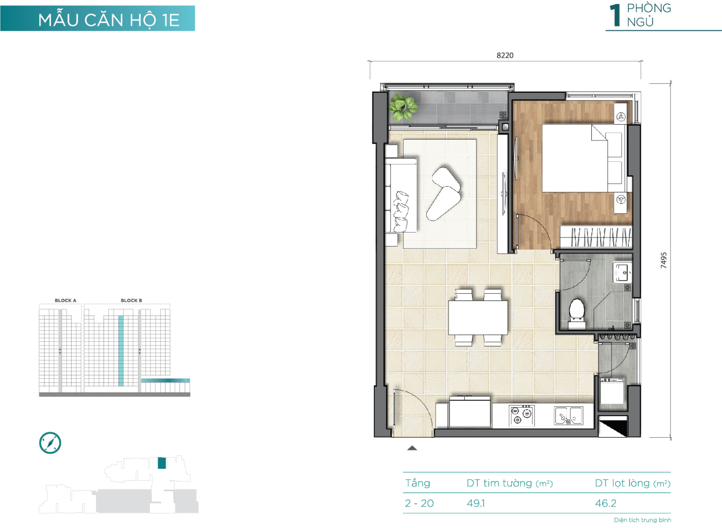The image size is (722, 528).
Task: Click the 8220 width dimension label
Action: (x=505, y=55)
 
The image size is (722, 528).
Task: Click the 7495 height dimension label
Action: (x=664, y=260)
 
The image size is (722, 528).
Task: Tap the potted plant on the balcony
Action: (x=403, y=106)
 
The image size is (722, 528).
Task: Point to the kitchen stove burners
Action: (x=521, y=415)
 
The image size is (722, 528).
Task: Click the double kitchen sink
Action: (x=568, y=416)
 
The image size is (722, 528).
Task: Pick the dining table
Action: (x=478, y=318)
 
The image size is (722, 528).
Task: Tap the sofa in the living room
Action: (x=401, y=196)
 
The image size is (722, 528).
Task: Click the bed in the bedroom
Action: (x=584, y=158)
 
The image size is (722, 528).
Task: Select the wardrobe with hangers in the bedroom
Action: (x=596, y=237)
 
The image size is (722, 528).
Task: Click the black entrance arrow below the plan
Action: (x=412, y=448)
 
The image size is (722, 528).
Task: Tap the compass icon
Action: (x=50, y=443)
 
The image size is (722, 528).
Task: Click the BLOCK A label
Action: (x=65, y=301)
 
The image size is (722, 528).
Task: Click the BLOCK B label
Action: (x=131, y=301)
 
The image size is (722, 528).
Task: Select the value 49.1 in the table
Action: (x=476, y=503)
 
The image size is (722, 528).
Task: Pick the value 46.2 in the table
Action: (x=605, y=503)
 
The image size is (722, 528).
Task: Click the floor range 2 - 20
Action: (x=419, y=503)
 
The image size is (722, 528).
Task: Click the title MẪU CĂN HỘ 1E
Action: (x=109, y=19)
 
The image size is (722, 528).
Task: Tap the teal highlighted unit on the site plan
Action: (x=162, y=463)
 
